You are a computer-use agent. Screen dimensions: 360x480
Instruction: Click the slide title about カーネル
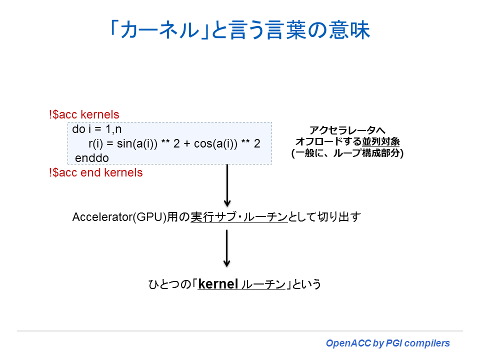coord(239,30)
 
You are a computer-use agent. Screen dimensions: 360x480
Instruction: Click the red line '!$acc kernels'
coord(84,114)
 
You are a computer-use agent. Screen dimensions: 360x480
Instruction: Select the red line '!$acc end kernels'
coord(95,172)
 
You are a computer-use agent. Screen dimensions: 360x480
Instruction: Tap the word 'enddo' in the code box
coord(91,158)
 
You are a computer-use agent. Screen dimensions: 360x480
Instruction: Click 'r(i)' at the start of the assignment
coord(96,144)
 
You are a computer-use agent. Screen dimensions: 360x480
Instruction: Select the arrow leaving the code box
coord(227,185)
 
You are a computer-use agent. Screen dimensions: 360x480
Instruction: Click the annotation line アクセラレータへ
coord(347,130)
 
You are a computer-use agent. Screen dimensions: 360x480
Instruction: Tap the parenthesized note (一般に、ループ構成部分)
coord(347,153)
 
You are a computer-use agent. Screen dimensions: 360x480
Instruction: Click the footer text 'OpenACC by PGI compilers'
coord(387,343)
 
